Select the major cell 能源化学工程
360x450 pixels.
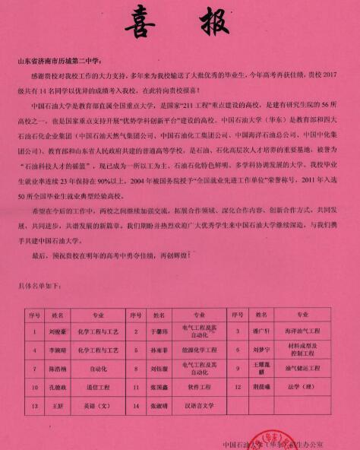[199, 351]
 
